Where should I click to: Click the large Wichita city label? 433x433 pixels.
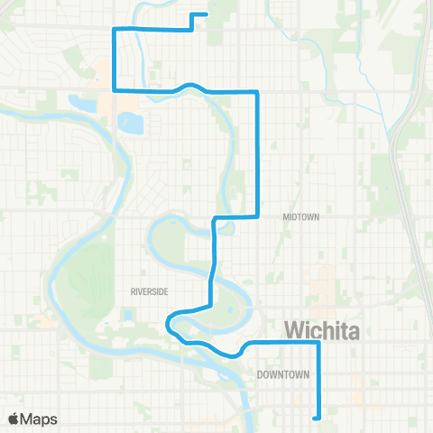[x=321, y=331]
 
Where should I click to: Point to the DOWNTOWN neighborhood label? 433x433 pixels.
[x=282, y=373]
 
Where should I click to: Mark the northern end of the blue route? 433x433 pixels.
[x=207, y=14]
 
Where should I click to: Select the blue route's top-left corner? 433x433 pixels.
[x=113, y=29]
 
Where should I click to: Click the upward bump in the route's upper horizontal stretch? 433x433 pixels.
[x=190, y=85]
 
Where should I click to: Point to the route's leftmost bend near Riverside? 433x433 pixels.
[x=169, y=323]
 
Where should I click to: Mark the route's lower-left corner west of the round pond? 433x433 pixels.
[x=113, y=89]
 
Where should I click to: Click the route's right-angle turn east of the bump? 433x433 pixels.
[x=259, y=93]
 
